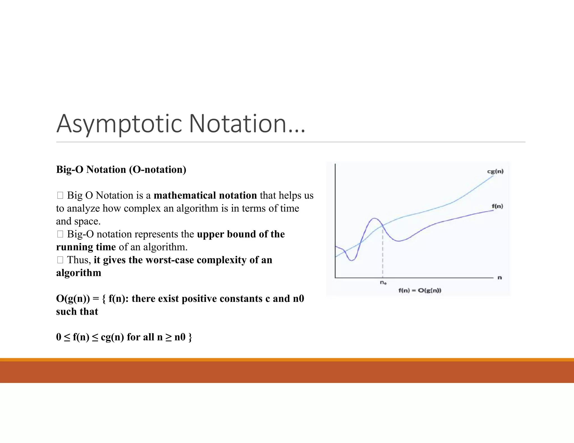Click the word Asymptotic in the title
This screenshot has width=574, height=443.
tap(119, 124)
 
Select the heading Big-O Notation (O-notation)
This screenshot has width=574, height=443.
tap(121, 170)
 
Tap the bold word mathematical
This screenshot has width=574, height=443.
tap(184, 195)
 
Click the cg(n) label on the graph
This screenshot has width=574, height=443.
tap(495, 171)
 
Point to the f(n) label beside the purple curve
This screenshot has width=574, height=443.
tap(497, 206)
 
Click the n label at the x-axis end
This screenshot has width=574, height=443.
tap(499, 278)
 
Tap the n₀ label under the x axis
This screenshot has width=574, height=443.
tap(383, 283)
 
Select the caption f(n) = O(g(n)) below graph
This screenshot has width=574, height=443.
tap(420, 290)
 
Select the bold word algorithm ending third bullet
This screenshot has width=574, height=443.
tap(78, 273)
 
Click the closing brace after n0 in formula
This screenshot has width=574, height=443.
tap(190, 337)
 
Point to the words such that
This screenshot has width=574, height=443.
tap(77, 312)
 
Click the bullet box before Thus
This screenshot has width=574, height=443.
tap(60, 260)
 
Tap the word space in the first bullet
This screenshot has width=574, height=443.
tap(86, 221)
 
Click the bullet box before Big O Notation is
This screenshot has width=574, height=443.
tap(60, 195)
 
